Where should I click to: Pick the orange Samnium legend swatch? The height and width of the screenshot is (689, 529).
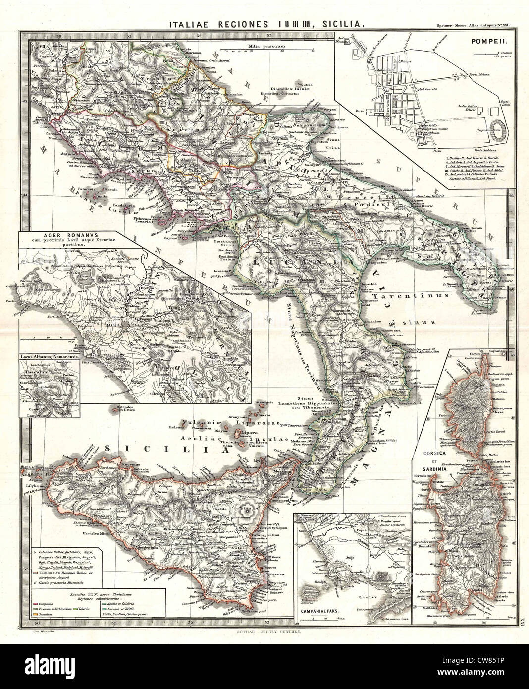[x=35, y=601]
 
